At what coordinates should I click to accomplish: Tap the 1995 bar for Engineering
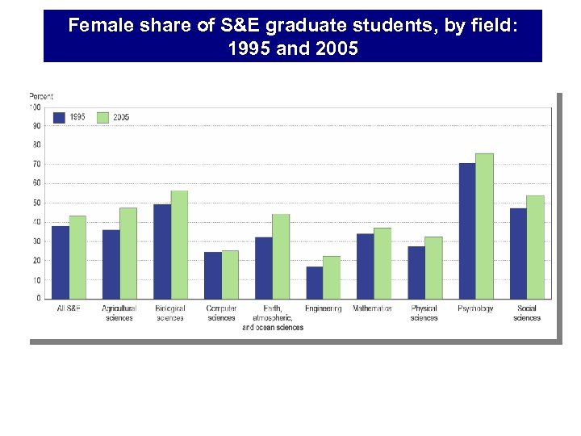315,283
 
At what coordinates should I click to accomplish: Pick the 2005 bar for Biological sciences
179,245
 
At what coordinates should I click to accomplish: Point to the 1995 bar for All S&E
61,262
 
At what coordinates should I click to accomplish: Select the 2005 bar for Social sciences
535,247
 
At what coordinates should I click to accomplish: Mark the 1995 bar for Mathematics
366,266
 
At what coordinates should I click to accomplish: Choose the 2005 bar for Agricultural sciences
128,254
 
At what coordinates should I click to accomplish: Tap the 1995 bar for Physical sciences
416,272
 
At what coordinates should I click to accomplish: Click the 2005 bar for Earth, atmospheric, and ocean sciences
281,256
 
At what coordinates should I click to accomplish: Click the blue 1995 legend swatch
60,117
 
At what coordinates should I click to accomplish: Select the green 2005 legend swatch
102,117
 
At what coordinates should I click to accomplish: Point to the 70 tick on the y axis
36,164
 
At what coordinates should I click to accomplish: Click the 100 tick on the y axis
35,107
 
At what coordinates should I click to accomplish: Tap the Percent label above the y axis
41,97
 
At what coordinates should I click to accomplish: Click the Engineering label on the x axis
323,308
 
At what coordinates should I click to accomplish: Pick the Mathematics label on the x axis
372,308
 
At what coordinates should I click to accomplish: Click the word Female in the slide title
96,26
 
